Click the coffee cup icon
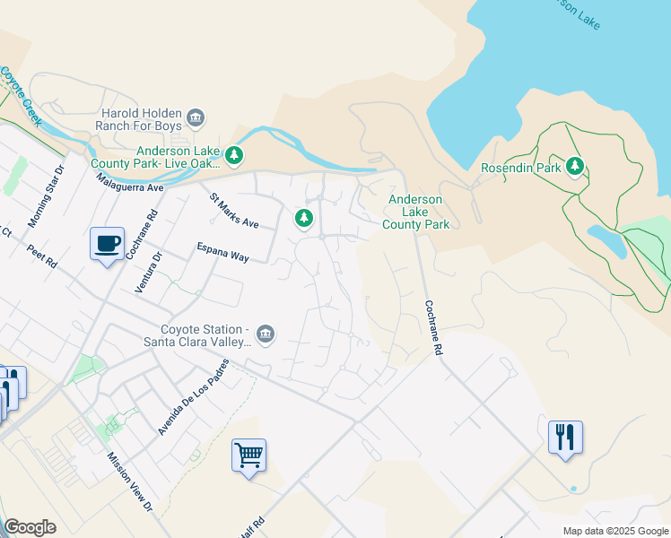point(107,243)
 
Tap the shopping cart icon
point(248,455)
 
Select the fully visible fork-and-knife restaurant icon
point(565,438)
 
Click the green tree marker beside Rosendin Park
point(574,167)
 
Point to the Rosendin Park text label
point(521,168)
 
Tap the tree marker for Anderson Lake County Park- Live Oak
point(234,157)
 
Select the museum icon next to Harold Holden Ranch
point(196,118)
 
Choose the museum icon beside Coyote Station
point(265,334)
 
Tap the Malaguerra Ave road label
point(131,181)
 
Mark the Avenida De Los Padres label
point(193,397)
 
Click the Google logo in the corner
point(30,526)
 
